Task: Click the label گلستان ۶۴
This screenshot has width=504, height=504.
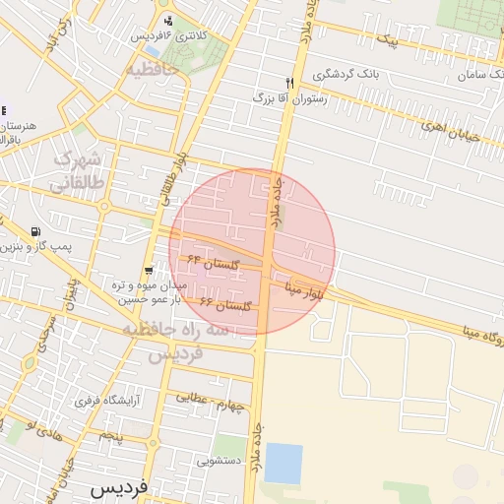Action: pos(221,266)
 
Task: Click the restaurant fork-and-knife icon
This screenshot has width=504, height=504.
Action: pos(289,84)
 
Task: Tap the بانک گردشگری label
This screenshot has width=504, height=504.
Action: pos(342,75)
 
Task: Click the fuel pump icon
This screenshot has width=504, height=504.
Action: pos(37,232)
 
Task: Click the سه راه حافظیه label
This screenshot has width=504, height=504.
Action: pos(162,340)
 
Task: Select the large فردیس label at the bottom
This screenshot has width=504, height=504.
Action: pos(117,487)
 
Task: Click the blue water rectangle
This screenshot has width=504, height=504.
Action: pos(283,463)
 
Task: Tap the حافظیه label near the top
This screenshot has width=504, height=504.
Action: pos(149,69)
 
